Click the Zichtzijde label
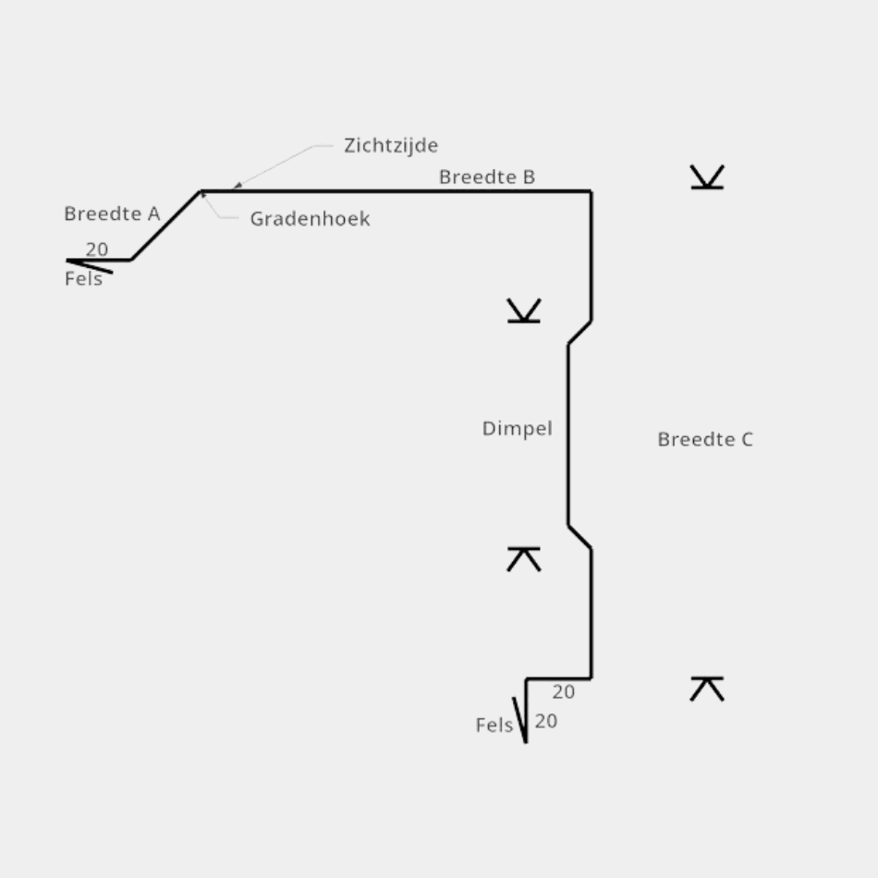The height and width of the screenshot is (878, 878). point(391,145)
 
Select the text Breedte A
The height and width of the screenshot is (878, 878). point(112,213)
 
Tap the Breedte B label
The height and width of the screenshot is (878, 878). point(487,177)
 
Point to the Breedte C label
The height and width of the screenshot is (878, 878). point(705,439)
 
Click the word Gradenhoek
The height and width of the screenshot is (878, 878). point(310,219)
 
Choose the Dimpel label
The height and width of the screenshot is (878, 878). point(517,428)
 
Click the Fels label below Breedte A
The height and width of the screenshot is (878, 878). point(83,278)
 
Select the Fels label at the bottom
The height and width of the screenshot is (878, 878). point(494,726)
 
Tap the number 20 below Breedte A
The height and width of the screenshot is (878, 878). point(97,250)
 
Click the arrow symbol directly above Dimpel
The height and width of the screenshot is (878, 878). point(524,311)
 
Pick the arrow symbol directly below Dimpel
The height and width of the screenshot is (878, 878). point(524,558)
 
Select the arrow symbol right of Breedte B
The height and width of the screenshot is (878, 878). point(707,177)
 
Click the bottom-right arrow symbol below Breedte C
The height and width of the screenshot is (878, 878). point(707,689)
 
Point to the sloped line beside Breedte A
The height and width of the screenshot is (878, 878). point(166,226)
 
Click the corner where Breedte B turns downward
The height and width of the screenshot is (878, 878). point(591,191)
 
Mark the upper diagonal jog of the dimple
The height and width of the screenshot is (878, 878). point(579,333)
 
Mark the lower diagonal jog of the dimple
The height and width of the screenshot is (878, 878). point(579,537)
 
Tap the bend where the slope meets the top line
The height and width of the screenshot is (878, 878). point(201,191)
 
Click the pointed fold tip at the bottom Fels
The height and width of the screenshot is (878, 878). point(526,740)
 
